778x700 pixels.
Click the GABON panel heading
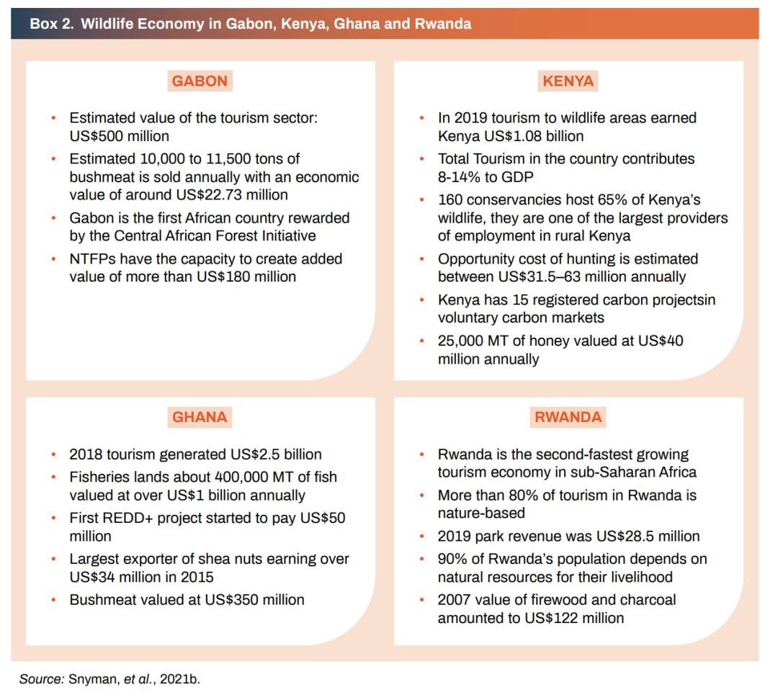200,81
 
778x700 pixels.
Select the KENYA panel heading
568,81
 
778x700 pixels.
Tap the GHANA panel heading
200,416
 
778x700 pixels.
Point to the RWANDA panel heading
568,416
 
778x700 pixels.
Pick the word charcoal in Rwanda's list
648,599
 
